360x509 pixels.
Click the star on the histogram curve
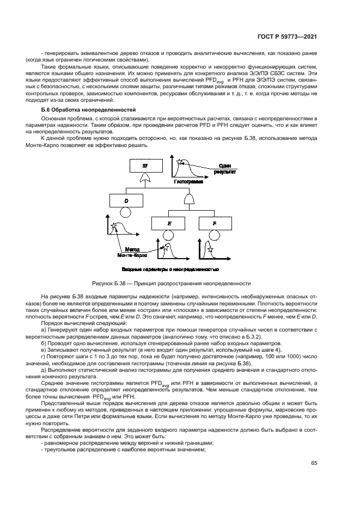tap(180, 162)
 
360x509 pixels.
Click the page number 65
tap(314, 463)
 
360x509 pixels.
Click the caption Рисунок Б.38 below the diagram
tap(172, 283)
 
